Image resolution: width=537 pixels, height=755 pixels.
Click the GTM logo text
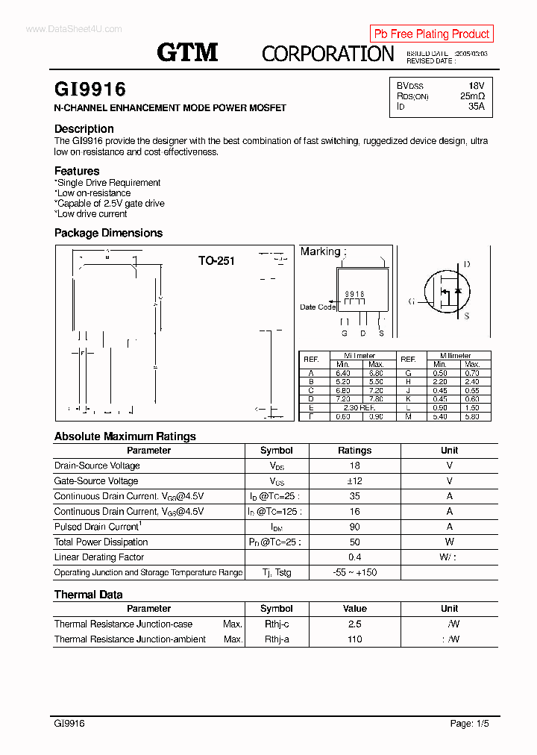point(187,52)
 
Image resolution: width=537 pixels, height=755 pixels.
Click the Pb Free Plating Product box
point(431,34)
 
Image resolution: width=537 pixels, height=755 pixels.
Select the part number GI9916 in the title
point(90,90)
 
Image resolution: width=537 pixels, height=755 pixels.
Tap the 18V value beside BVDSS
point(476,86)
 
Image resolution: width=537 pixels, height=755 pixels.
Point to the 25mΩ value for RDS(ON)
point(472,96)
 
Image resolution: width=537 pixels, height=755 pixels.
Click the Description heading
point(84,129)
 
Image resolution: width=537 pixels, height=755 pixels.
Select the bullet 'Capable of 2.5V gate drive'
point(110,204)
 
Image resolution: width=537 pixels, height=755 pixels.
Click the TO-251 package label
point(216,260)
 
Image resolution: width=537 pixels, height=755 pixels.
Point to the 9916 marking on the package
point(354,295)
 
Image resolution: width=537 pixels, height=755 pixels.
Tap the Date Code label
point(318,307)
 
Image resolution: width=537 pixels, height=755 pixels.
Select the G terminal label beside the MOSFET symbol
point(411,301)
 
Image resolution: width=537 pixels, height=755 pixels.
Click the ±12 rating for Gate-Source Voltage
point(354,481)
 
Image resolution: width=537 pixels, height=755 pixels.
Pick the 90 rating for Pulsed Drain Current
point(354,527)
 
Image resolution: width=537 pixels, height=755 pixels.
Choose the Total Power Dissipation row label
point(98,542)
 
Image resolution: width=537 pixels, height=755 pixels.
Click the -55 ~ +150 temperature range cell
point(354,573)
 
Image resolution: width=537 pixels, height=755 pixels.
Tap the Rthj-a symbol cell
point(276,639)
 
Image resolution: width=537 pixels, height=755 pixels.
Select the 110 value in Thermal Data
point(354,639)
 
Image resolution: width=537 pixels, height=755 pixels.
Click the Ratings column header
point(354,451)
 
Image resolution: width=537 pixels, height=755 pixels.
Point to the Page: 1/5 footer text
point(470,724)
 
